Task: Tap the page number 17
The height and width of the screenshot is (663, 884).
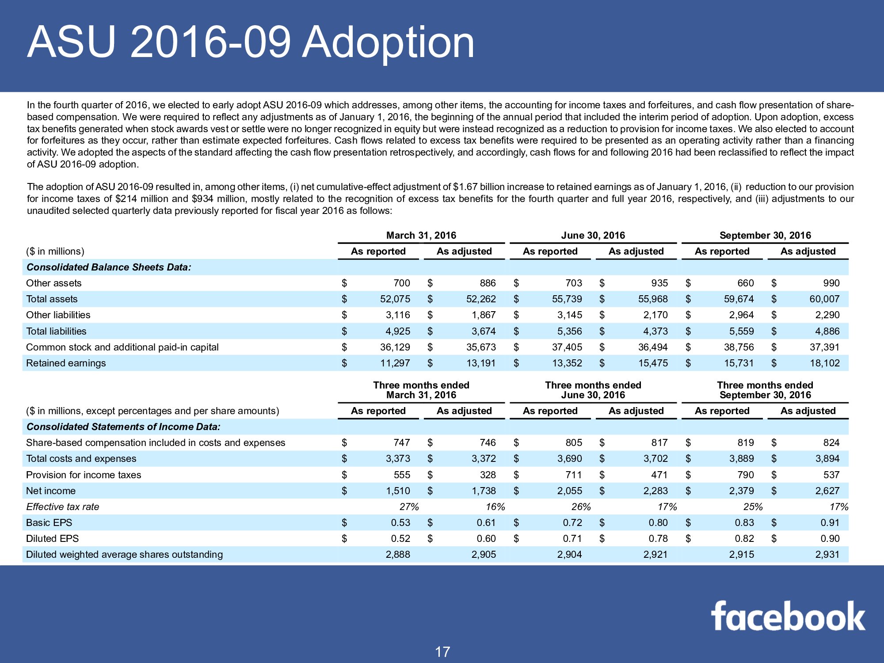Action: click(x=442, y=652)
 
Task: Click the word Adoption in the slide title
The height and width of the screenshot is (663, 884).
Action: click(x=388, y=42)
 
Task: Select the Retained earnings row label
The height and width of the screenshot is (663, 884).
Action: click(x=66, y=363)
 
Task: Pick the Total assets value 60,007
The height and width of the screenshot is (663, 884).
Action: click(x=824, y=299)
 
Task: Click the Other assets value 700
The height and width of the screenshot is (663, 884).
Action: click(x=401, y=283)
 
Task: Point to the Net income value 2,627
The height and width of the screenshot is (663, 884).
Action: click(x=827, y=491)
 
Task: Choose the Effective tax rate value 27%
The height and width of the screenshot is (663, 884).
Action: click(x=409, y=507)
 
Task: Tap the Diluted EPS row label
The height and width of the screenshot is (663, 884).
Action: click(x=52, y=538)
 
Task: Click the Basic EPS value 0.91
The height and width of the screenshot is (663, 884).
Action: click(x=830, y=522)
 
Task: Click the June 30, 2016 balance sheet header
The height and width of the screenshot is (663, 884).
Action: click(x=593, y=235)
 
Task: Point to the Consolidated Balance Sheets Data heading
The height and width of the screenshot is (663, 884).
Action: click(x=109, y=267)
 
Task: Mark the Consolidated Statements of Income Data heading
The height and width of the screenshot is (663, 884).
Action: click(x=123, y=427)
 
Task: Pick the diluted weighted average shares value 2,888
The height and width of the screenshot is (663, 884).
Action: click(x=398, y=554)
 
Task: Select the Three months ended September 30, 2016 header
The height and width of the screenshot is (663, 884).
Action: click(x=765, y=390)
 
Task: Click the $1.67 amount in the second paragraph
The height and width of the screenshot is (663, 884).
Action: click(x=465, y=187)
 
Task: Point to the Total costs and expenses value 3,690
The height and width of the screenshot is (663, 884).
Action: click(x=569, y=459)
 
